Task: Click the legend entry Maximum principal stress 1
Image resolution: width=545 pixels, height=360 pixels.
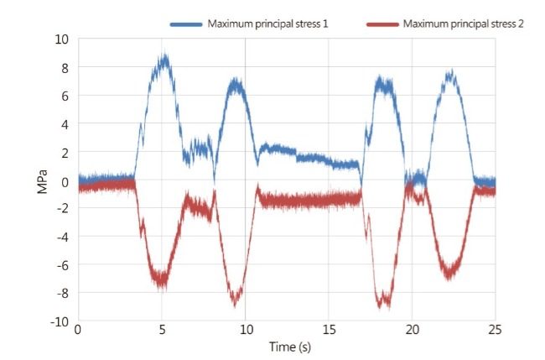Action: pos(267,24)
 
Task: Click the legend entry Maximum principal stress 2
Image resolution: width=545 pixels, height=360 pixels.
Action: pos(463,24)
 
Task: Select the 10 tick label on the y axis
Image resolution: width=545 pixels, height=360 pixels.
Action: pos(61,39)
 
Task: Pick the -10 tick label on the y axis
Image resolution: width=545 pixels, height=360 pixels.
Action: pos(60,322)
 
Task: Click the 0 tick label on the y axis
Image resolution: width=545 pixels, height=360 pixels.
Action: pos(65,180)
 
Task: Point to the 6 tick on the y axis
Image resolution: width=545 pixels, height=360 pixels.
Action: pos(65,96)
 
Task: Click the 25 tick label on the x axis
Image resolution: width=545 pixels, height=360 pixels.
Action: pos(495,331)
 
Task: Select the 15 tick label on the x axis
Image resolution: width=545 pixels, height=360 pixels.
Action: pos(328,331)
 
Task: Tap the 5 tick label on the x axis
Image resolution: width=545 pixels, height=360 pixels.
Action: pos(162,331)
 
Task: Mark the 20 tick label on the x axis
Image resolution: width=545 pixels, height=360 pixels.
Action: pos(412,331)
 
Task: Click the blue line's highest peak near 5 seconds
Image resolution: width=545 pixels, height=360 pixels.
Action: pos(166,55)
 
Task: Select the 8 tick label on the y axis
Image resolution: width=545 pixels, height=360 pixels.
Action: pos(65,67)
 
